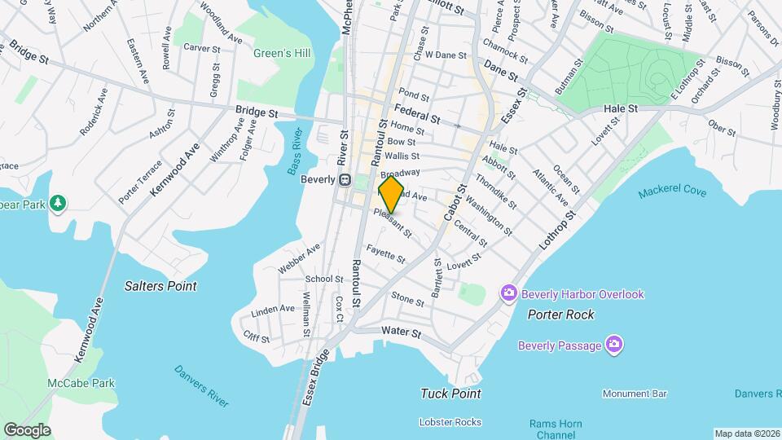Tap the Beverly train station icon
(x=345, y=180)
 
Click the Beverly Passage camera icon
(x=614, y=345)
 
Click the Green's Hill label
(x=282, y=54)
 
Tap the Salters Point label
(x=160, y=286)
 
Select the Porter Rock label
(x=560, y=315)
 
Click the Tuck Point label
(x=450, y=394)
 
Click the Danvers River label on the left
(x=201, y=385)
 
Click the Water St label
(x=401, y=332)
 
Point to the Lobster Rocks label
(x=450, y=421)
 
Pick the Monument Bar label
(x=635, y=394)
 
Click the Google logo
(x=27, y=429)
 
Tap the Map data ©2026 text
(x=746, y=433)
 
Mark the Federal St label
(x=417, y=113)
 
